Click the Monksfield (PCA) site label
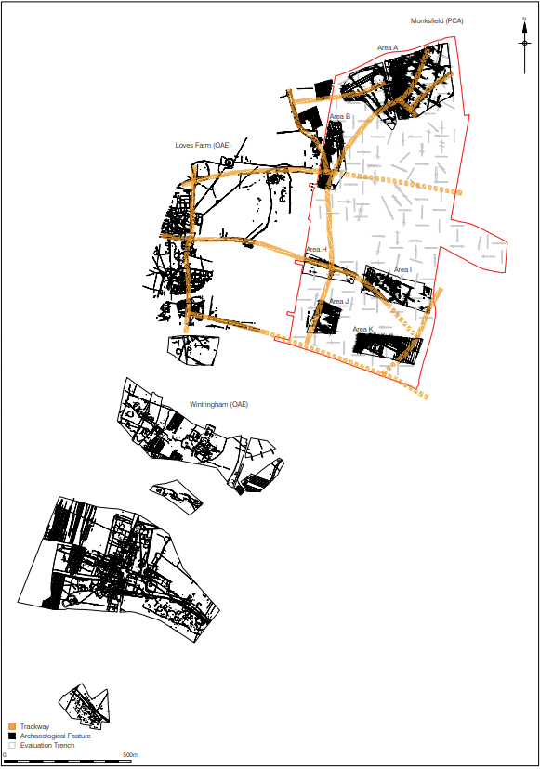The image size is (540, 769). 437,20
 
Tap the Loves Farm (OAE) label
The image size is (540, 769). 203,145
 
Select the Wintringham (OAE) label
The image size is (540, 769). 219,405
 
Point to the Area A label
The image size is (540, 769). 388,47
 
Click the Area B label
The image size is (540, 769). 340,116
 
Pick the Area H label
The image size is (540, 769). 316,250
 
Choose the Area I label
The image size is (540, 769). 402,269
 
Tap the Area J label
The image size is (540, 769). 338,301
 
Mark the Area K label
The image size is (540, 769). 362,329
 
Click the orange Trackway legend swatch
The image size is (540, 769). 12,726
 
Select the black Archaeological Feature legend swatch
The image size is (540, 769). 12,736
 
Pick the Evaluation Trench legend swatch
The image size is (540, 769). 12,745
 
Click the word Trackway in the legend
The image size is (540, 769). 35,726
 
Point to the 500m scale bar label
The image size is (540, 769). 130,754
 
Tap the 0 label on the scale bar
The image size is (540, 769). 5,754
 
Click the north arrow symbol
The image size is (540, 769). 524,47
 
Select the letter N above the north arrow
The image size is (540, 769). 524,19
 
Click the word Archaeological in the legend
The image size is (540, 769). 40,736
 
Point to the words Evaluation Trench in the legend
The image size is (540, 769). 47,745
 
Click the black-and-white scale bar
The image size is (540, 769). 67,762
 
